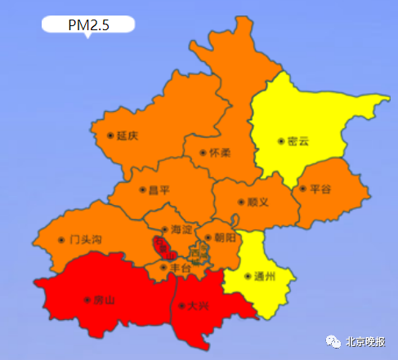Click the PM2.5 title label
tap(87, 24)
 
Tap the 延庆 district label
tap(127, 136)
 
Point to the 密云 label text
tap(299, 141)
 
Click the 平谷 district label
tap(320, 189)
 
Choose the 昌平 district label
tap(159, 190)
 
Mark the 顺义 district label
tap(257, 202)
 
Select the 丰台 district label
tap(180, 267)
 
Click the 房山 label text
tap(105, 300)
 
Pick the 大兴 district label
tap(198, 306)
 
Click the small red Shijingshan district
tap(161, 245)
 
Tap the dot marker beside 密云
tap(281, 141)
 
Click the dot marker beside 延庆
tap(110, 136)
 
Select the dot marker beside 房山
tap(87, 300)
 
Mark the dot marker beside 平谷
tap(302, 189)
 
